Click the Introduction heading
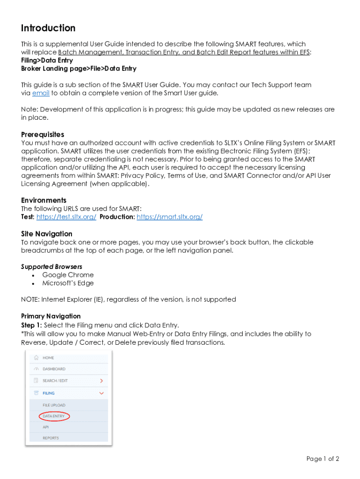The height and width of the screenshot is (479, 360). tap(48, 28)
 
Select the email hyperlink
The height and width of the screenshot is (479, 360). tap(41, 93)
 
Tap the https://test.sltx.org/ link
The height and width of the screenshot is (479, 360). tap(66, 217)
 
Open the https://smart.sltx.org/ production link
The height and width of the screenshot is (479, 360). tap(169, 217)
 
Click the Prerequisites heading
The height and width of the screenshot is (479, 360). tap(43, 135)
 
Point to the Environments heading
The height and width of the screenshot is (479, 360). tap(43, 200)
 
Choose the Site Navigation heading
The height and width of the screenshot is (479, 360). tap(47, 234)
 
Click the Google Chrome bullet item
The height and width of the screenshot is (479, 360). tap(68, 275)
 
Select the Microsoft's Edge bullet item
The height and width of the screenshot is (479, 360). tap(68, 283)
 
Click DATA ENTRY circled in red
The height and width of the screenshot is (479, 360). tap(54, 416)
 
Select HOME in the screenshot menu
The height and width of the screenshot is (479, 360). tap(49, 358)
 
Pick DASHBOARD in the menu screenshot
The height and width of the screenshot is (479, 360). tap(54, 369)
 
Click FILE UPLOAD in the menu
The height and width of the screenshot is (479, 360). tap(54, 405)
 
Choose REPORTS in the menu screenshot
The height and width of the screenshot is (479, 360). tap(51, 438)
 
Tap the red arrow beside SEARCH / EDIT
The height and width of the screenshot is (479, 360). tap(101, 381)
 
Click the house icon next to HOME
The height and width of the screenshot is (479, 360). tap(36, 357)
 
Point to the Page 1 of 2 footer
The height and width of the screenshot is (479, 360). tap(323, 459)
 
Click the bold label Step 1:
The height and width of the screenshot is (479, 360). tap(32, 325)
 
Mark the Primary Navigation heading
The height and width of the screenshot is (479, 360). tap(51, 317)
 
